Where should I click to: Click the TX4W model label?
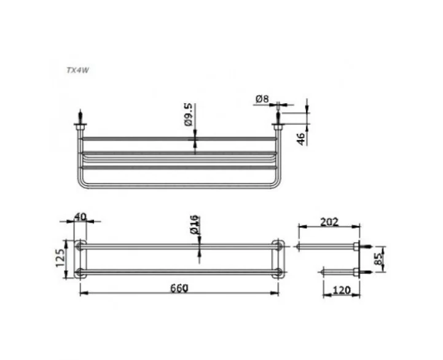coord(77,71)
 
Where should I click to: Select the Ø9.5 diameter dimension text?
coord(189,114)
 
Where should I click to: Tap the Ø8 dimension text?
coord(262,99)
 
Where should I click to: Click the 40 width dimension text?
coord(80,217)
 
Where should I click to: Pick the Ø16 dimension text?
coord(195,225)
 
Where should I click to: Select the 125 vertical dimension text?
coord(60,257)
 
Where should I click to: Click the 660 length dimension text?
coord(179,288)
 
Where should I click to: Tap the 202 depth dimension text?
coord(329,222)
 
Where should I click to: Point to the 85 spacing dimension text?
coord(378,259)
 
